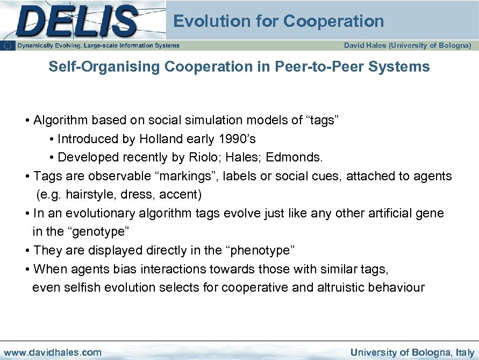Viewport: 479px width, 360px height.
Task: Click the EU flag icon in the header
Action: click(x=8, y=46)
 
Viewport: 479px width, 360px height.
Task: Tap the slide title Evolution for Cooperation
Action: click(x=278, y=22)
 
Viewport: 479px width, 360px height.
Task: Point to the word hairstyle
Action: click(x=91, y=194)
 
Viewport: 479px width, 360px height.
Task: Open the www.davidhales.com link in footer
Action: click(x=52, y=352)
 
